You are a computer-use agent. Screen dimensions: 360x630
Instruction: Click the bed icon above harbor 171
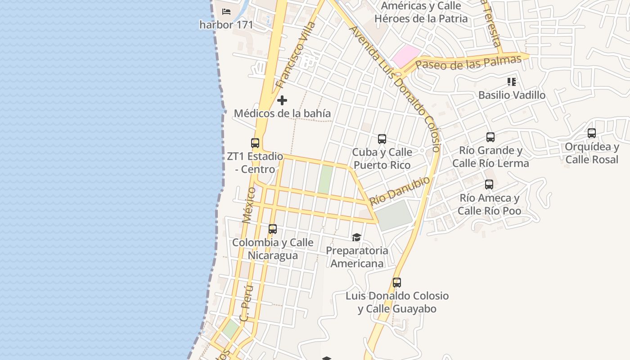[226, 12]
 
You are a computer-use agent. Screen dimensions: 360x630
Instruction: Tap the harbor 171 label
[226, 25]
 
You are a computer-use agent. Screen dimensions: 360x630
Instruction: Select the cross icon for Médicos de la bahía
[282, 100]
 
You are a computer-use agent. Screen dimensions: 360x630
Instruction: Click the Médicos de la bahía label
[282, 113]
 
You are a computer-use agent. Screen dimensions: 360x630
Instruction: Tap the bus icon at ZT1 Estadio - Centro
[255, 143]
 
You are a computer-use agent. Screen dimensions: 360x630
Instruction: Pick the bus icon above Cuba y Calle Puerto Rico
[382, 139]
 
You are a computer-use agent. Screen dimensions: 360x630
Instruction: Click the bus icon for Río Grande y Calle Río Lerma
[490, 137]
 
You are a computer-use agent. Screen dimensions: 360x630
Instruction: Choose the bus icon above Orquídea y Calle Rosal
[592, 133]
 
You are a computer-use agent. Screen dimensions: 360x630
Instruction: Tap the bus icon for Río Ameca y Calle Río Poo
[489, 184]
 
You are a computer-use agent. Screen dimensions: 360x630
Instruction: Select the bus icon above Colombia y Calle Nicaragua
[272, 229]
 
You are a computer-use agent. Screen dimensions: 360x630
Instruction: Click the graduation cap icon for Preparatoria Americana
[356, 237]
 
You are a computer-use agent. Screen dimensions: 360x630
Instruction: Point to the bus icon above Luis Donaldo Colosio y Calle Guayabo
[396, 283]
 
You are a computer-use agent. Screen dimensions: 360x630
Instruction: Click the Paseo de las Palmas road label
[468, 63]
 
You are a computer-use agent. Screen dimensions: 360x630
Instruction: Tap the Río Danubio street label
[400, 191]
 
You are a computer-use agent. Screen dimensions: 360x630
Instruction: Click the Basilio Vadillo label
[512, 95]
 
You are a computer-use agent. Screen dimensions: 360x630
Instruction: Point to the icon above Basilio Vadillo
[511, 82]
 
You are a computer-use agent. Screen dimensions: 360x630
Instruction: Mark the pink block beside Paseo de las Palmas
[405, 57]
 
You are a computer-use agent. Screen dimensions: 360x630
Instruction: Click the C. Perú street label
[246, 303]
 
